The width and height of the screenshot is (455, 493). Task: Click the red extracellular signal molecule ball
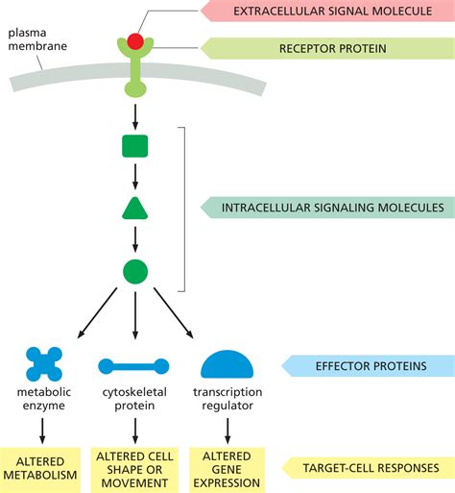tap(135, 42)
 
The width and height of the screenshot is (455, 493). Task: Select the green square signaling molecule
tap(135, 147)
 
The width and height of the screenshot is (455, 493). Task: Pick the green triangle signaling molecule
tap(135, 210)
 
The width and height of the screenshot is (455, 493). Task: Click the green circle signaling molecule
tap(135, 271)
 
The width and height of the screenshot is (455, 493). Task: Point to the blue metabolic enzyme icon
tap(44, 365)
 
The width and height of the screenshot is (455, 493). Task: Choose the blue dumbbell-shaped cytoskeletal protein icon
tap(134, 366)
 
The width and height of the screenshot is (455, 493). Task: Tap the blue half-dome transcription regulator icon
tap(227, 364)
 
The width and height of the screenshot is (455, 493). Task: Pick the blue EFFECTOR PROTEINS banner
tap(365, 365)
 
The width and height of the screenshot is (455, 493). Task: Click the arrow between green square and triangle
tap(135, 178)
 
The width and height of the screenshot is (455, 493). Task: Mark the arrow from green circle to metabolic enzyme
tap(97, 313)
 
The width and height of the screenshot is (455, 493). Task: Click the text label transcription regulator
tap(227, 399)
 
